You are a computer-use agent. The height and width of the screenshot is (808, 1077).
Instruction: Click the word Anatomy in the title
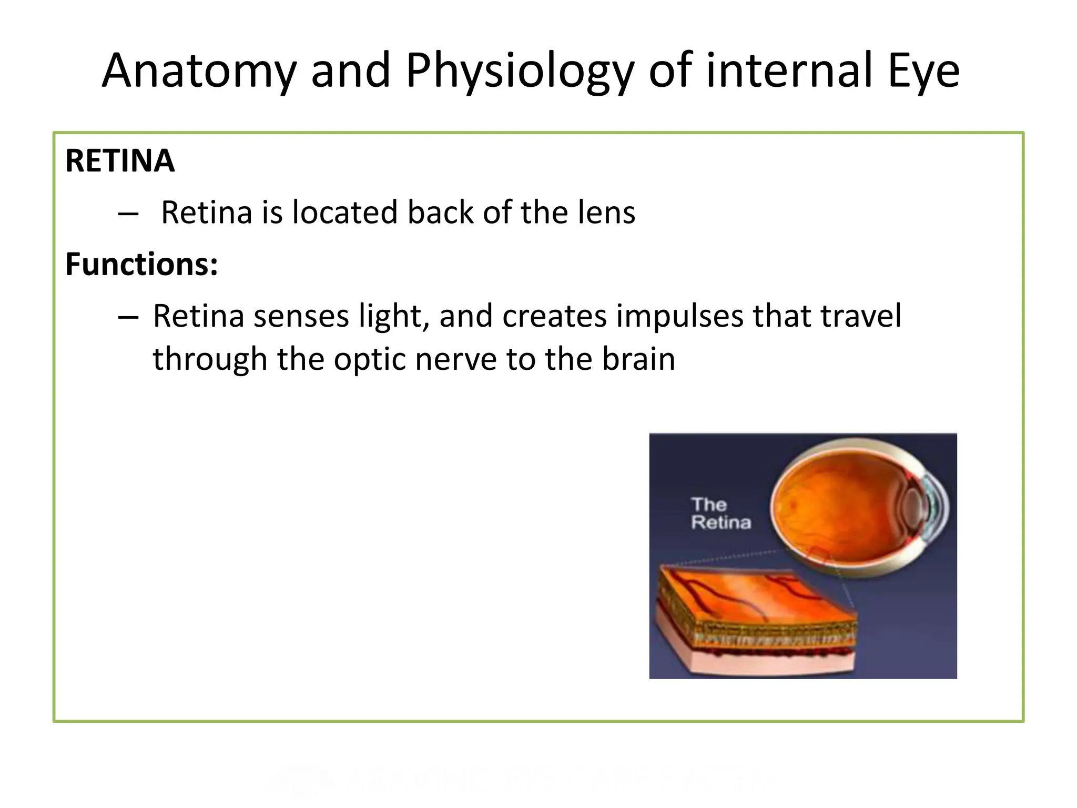tap(199, 71)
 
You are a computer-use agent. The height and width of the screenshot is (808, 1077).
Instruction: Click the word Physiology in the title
tap(520, 71)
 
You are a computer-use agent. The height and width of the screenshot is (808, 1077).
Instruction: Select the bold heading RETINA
tap(120, 161)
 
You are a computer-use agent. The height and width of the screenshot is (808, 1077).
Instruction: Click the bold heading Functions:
tap(141, 264)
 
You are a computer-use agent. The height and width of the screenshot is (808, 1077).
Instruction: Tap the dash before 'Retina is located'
tap(128, 214)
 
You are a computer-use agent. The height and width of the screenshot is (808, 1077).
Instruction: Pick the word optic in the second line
tap(370, 359)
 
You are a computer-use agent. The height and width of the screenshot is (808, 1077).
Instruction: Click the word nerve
tap(456, 359)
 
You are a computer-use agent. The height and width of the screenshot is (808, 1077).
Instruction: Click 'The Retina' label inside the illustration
tap(720, 513)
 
